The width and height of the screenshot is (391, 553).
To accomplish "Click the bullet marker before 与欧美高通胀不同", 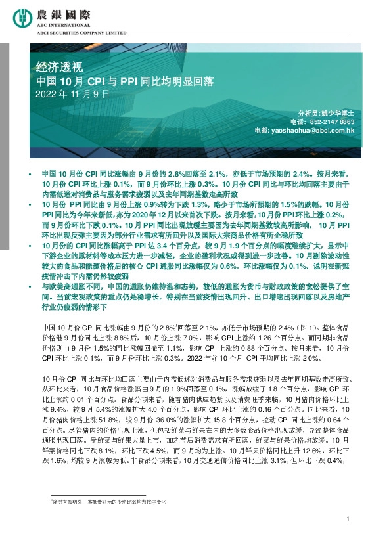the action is [x=30, y=288].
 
